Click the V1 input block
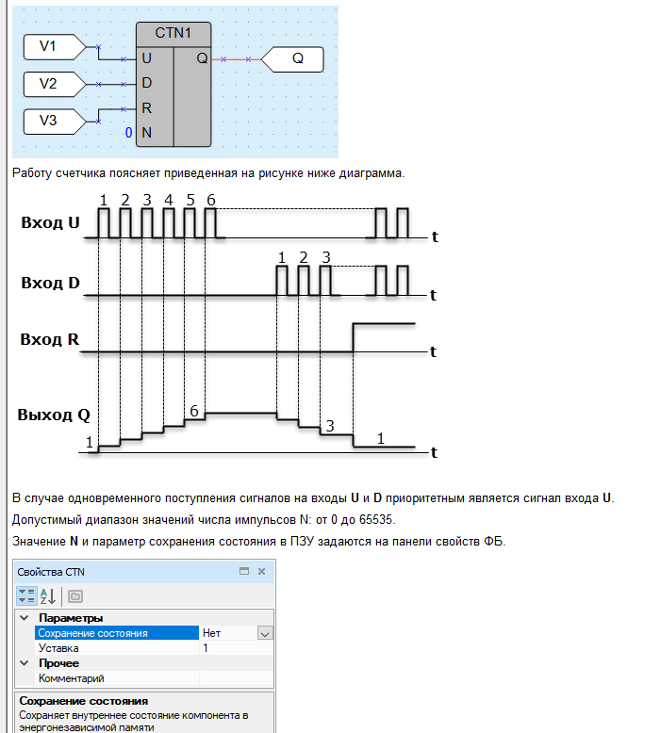pos(55,47)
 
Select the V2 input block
pos(55,84)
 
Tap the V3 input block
pos(55,122)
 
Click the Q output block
pos(292,59)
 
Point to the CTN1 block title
pos(174,33)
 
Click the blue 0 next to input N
pos(128,133)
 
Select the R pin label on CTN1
pos(146,108)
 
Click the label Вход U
pos(51,223)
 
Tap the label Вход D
pos(51,284)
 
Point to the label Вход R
pos(50,339)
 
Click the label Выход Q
pos(54,415)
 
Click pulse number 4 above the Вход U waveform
pos(169,200)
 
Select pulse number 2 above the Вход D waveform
pos(304,257)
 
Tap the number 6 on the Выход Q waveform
pos(194,411)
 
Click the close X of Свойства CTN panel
pos(261,571)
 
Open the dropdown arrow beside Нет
pos(265,634)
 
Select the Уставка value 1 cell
pos(237,648)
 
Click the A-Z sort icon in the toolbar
pos(48,596)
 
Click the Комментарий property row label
pos(71,678)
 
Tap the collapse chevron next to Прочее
pos(25,663)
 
